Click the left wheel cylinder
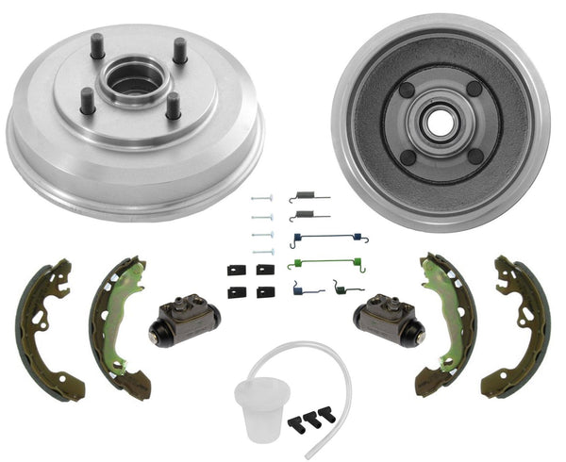coord(183,321)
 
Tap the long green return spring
coord(325,261)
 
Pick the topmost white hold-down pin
coord(262,198)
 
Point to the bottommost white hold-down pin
coord(262,252)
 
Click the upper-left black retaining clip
coord(235,271)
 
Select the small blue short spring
coord(306,287)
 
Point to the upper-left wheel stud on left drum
coord(97,44)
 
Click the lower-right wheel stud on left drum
coord(174,106)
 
